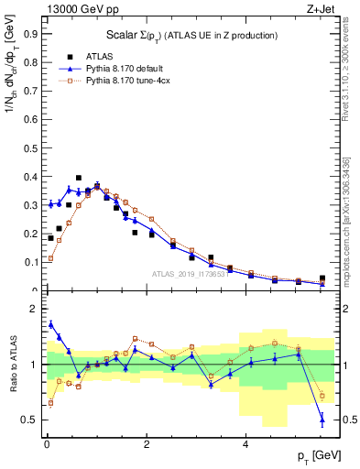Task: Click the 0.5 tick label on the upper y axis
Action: click(28, 147)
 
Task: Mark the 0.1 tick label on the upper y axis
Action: click(28, 263)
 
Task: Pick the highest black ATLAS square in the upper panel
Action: click(79, 178)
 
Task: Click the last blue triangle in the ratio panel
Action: click(322, 420)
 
